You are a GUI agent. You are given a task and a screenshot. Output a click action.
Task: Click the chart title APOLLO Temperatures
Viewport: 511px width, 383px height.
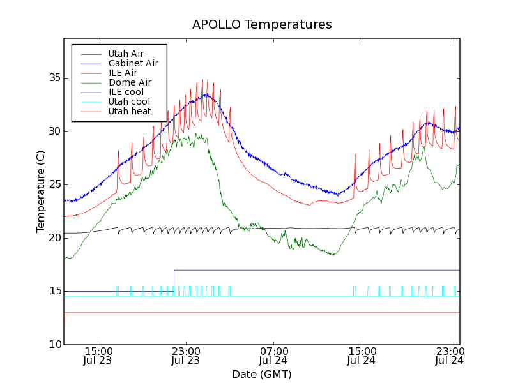[262, 25]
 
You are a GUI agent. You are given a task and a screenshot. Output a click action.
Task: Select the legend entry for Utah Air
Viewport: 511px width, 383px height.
[126, 54]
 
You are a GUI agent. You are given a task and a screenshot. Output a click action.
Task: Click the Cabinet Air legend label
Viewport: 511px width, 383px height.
[133, 63]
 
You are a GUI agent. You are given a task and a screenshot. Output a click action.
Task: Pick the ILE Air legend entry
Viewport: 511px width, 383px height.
[123, 73]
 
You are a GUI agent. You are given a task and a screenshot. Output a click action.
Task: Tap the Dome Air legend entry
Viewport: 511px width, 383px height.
[130, 82]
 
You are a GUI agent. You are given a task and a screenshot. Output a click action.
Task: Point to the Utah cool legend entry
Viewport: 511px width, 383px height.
[129, 101]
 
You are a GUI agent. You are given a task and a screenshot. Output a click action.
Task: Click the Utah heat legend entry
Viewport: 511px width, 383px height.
[129, 111]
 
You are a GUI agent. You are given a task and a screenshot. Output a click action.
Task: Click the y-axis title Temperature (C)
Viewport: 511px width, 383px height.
[41, 191]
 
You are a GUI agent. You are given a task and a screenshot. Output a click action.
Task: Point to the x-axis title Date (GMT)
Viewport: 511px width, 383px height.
[261, 374]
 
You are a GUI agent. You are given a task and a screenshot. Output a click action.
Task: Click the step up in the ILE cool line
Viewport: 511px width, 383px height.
[174, 281]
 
